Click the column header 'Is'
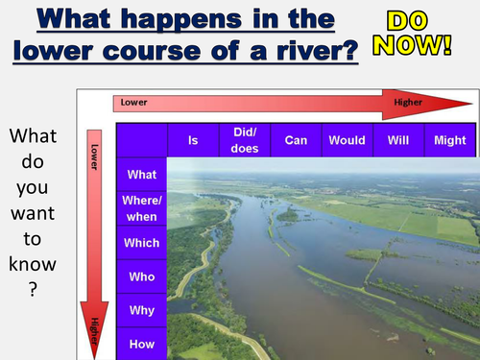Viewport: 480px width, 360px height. pyautogui.click(x=192, y=140)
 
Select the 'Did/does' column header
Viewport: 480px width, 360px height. pyautogui.click(x=245, y=140)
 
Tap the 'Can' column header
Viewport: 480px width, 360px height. pyautogui.click(x=296, y=140)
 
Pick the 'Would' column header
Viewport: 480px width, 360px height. pyautogui.click(x=347, y=140)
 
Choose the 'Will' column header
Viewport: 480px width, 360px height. pyautogui.click(x=397, y=140)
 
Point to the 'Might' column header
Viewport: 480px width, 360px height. pyautogui.click(x=449, y=140)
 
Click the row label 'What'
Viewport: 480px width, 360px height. pyautogui.click(x=141, y=175)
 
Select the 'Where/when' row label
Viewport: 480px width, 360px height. pyautogui.click(x=141, y=208)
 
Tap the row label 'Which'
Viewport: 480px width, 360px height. pyautogui.click(x=141, y=243)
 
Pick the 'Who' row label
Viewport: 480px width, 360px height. pyautogui.click(x=141, y=277)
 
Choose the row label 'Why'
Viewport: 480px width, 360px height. pyautogui.click(x=141, y=311)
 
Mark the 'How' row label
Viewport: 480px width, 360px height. pyautogui.click(x=141, y=344)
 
